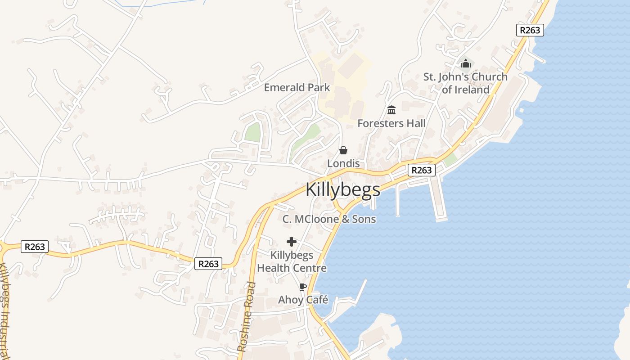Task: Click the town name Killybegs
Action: (x=343, y=190)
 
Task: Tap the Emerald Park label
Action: (x=297, y=87)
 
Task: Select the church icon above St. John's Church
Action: (x=465, y=63)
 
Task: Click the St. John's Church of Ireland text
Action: (x=465, y=83)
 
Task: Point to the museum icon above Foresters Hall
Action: (x=391, y=110)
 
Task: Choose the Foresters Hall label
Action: (x=391, y=123)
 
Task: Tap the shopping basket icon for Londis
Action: (x=343, y=150)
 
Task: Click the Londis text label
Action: (x=343, y=163)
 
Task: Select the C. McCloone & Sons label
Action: (x=329, y=219)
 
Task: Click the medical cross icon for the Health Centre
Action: (x=292, y=242)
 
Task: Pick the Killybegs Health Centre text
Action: (x=292, y=261)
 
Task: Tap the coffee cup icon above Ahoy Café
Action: (x=303, y=287)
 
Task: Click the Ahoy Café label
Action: (x=303, y=300)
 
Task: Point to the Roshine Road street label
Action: (x=247, y=317)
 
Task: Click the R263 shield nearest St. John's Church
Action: (x=530, y=30)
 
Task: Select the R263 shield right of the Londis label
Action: (x=422, y=170)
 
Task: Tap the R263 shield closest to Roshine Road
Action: (x=208, y=264)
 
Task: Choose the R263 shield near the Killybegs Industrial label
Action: (x=35, y=247)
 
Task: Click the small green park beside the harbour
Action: (x=450, y=159)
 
